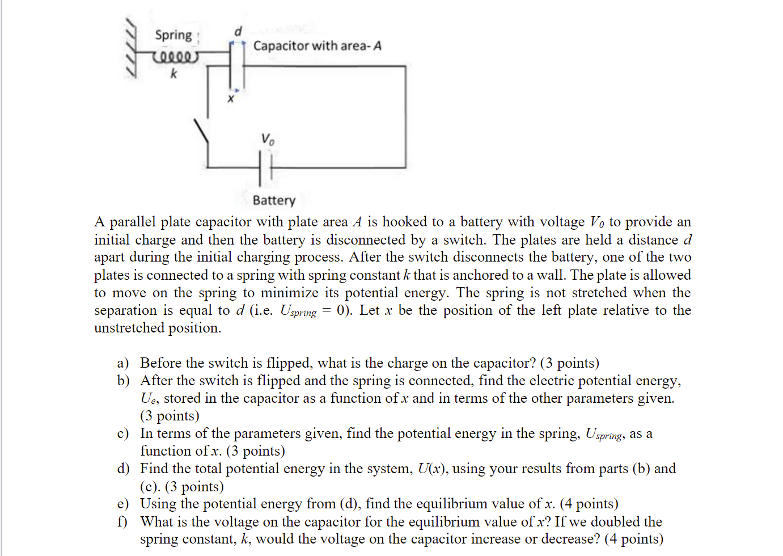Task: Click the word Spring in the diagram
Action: [173, 35]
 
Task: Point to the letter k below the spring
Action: [173, 74]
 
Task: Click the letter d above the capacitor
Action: [238, 31]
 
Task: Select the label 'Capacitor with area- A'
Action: [317, 46]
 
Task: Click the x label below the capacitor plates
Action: [230, 99]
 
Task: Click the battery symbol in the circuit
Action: [265, 168]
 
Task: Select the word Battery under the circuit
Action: [274, 200]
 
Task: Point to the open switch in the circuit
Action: [202, 134]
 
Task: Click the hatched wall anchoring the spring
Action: [132, 48]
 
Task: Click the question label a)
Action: [123, 363]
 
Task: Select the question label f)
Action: [122, 522]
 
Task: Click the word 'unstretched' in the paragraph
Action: [129, 328]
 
